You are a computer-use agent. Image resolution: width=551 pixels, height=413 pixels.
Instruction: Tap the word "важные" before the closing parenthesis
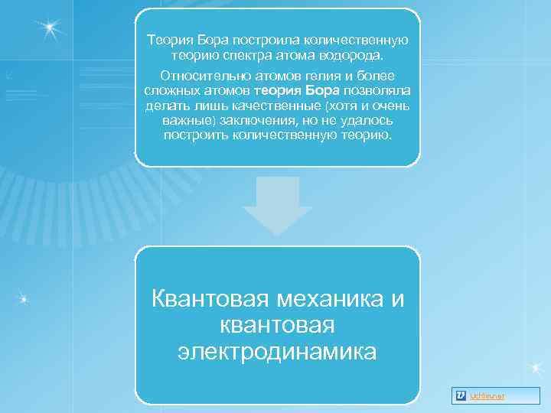183,121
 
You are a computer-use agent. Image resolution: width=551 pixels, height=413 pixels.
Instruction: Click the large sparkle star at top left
51,28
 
